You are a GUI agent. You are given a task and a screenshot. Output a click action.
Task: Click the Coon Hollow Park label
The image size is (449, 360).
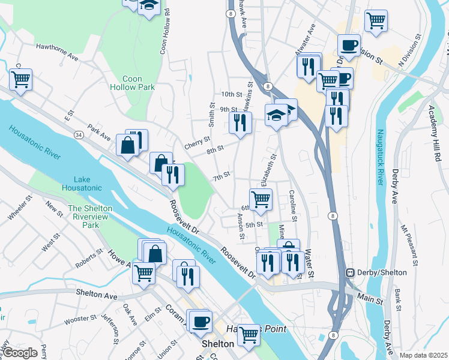click(x=132, y=83)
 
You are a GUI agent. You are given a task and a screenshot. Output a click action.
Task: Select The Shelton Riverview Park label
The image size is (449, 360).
click(x=91, y=217)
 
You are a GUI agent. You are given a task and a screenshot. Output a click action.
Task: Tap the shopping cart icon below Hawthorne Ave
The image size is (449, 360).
click(x=20, y=79)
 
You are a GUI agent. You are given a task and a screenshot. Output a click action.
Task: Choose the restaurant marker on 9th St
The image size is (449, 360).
click(x=240, y=124)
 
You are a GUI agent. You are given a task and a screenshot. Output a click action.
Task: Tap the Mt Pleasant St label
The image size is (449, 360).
click(x=409, y=246)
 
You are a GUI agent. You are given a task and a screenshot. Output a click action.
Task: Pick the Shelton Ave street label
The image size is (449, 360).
click(x=97, y=292)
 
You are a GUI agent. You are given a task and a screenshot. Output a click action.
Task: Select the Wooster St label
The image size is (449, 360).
click(x=76, y=320)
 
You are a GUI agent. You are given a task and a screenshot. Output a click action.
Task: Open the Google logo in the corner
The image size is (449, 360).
click(x=20, y=353)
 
